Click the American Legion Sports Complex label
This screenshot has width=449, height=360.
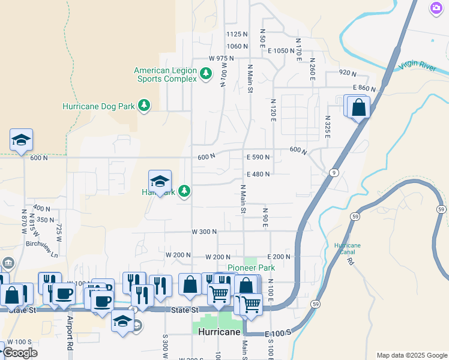point(165,74)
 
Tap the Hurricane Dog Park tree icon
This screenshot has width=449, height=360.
point(144,106)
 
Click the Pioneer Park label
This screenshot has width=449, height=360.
point(251,268)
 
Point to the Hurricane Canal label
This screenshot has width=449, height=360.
point(348,249)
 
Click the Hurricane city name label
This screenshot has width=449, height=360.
point(217,332)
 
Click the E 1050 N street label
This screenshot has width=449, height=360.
point(282,51)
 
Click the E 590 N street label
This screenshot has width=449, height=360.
point(258,157)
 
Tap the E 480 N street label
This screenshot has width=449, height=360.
point(258,174)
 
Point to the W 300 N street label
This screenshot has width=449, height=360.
point(204,232)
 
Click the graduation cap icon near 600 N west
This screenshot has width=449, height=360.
point(22,140)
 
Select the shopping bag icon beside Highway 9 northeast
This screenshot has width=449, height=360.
point(358,108)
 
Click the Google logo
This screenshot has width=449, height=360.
point(19,353)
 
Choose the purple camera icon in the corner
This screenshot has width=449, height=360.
point(436,8)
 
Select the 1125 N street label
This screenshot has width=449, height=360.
point(237,34)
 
